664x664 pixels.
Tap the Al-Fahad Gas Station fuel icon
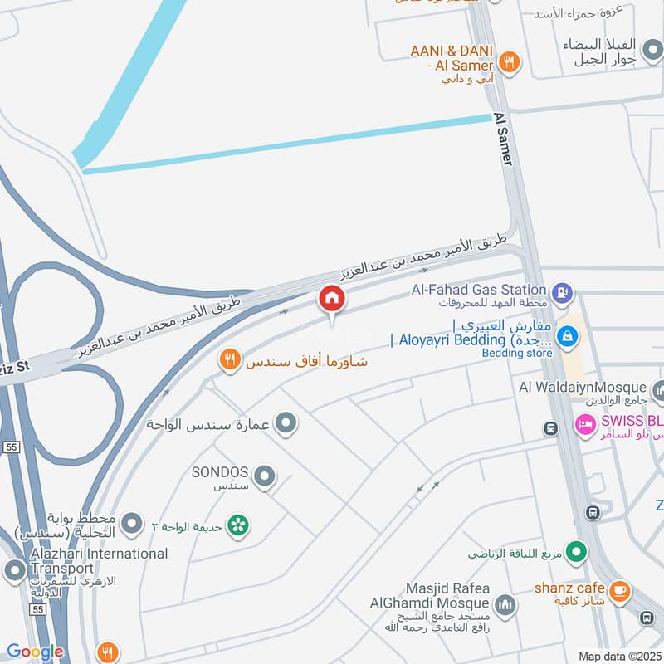(564, 292)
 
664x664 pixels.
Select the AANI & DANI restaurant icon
(510, 61)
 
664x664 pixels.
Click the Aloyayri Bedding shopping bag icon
(568, 336)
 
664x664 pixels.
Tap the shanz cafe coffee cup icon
(618, 591)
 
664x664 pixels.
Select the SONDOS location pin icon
(265, 476)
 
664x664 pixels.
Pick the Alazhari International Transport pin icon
(14, 570)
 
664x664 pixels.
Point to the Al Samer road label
(505, 139)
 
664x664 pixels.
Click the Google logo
(35, 652)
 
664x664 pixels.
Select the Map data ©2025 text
(618, 657)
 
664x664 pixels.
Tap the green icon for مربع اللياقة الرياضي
(577, 550)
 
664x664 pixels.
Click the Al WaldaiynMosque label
(582, 387)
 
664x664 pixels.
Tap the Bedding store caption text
(517, 354)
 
